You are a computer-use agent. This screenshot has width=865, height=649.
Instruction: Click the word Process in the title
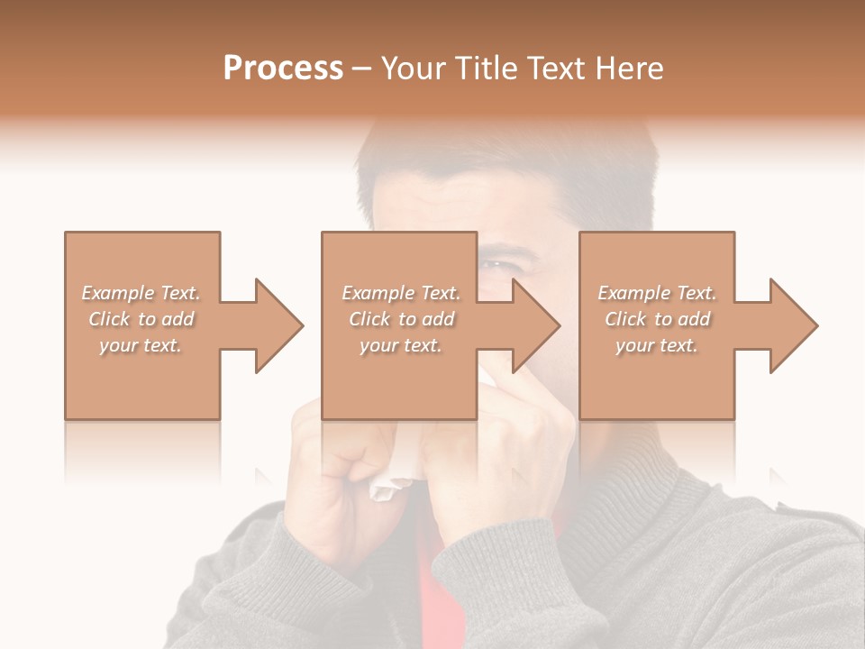283,69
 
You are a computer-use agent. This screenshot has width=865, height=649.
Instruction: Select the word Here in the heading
630,69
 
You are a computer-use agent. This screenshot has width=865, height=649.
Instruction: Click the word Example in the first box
117,293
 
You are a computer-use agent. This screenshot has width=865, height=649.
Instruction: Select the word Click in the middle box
369,319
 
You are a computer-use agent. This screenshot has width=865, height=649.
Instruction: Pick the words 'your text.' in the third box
656,345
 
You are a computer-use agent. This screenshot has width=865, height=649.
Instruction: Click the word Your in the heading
413,69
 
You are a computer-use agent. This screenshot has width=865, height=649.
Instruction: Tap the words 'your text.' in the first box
141,345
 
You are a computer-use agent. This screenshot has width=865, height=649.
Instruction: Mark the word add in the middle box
439,319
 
